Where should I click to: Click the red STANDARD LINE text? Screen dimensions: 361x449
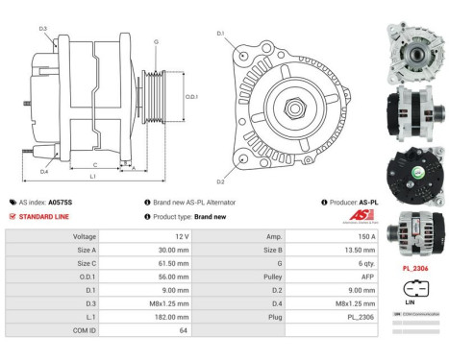point(45,216)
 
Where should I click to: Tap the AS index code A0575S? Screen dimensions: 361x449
point(61,203)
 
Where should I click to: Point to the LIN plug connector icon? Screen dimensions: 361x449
point(414,289)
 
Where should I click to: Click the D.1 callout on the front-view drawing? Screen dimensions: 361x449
point(220,34)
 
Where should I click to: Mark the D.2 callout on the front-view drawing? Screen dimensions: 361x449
point(220,181)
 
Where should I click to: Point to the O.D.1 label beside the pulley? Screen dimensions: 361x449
point(191,96)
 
